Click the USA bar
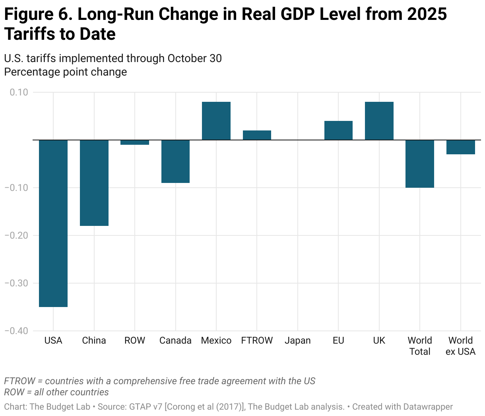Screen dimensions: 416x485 [x=53, y=223]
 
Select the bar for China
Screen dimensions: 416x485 [x=94, y=183]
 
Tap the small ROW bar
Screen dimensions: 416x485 [x=135, y=142]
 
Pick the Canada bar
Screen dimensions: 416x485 [x=175, y=161]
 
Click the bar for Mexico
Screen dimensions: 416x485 [x=216, y=121]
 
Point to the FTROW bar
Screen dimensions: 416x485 [x=257, y=135]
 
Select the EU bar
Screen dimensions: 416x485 [x=338, y=130]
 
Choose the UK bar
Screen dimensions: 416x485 [x=379, y=121]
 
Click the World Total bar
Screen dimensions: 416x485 [x=420, y=163]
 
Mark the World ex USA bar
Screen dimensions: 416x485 [x=460, y=147]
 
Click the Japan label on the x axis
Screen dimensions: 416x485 [x=298, y=340]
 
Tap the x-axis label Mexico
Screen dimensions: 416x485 [x=216, y=340]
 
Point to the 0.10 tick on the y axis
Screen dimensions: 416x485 [x=19, y=92]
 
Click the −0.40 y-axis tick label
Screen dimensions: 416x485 [x=16, y=331]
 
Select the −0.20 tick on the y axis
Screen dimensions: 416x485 [x=16, y=235]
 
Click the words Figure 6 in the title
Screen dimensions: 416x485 [x=38, y=14]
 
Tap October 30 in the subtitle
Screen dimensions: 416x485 [x=194, y=58]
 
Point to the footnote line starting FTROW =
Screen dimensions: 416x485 [x=159, y=381]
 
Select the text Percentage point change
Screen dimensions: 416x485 [x=66, y=72]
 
